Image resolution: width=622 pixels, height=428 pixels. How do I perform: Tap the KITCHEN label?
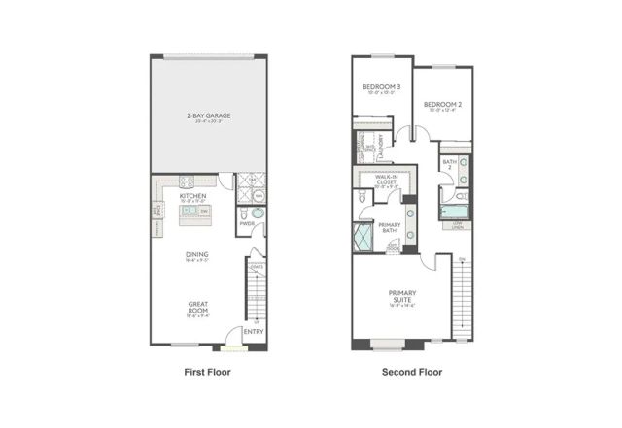192,195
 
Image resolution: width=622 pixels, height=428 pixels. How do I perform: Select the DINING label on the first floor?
197,255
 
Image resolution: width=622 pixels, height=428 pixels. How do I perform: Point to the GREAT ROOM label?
197,308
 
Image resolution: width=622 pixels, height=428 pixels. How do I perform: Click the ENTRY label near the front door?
254,332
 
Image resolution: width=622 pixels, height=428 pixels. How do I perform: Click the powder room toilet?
257,213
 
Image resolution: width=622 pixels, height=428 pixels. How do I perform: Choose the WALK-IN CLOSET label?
381,178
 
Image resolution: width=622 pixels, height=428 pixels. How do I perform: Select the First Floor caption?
206,372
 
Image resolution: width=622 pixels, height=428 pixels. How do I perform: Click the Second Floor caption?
412,372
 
